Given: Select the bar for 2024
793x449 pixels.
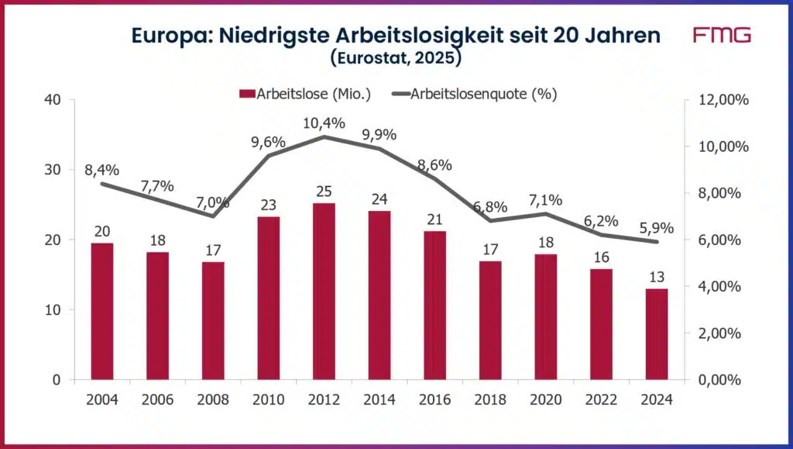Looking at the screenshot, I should click(656, 333).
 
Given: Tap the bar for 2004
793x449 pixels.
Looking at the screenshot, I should click(102, 310).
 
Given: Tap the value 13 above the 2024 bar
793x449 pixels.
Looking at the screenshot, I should click(656, 276).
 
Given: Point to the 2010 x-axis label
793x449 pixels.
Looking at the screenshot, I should click(267, 399).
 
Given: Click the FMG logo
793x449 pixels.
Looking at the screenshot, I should click(721, 36).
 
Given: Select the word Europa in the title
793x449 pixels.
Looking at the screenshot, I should click(169, 36).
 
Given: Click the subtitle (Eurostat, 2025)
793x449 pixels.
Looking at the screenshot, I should click(396, 57).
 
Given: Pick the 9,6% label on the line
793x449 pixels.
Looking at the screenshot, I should click(268, 143).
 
